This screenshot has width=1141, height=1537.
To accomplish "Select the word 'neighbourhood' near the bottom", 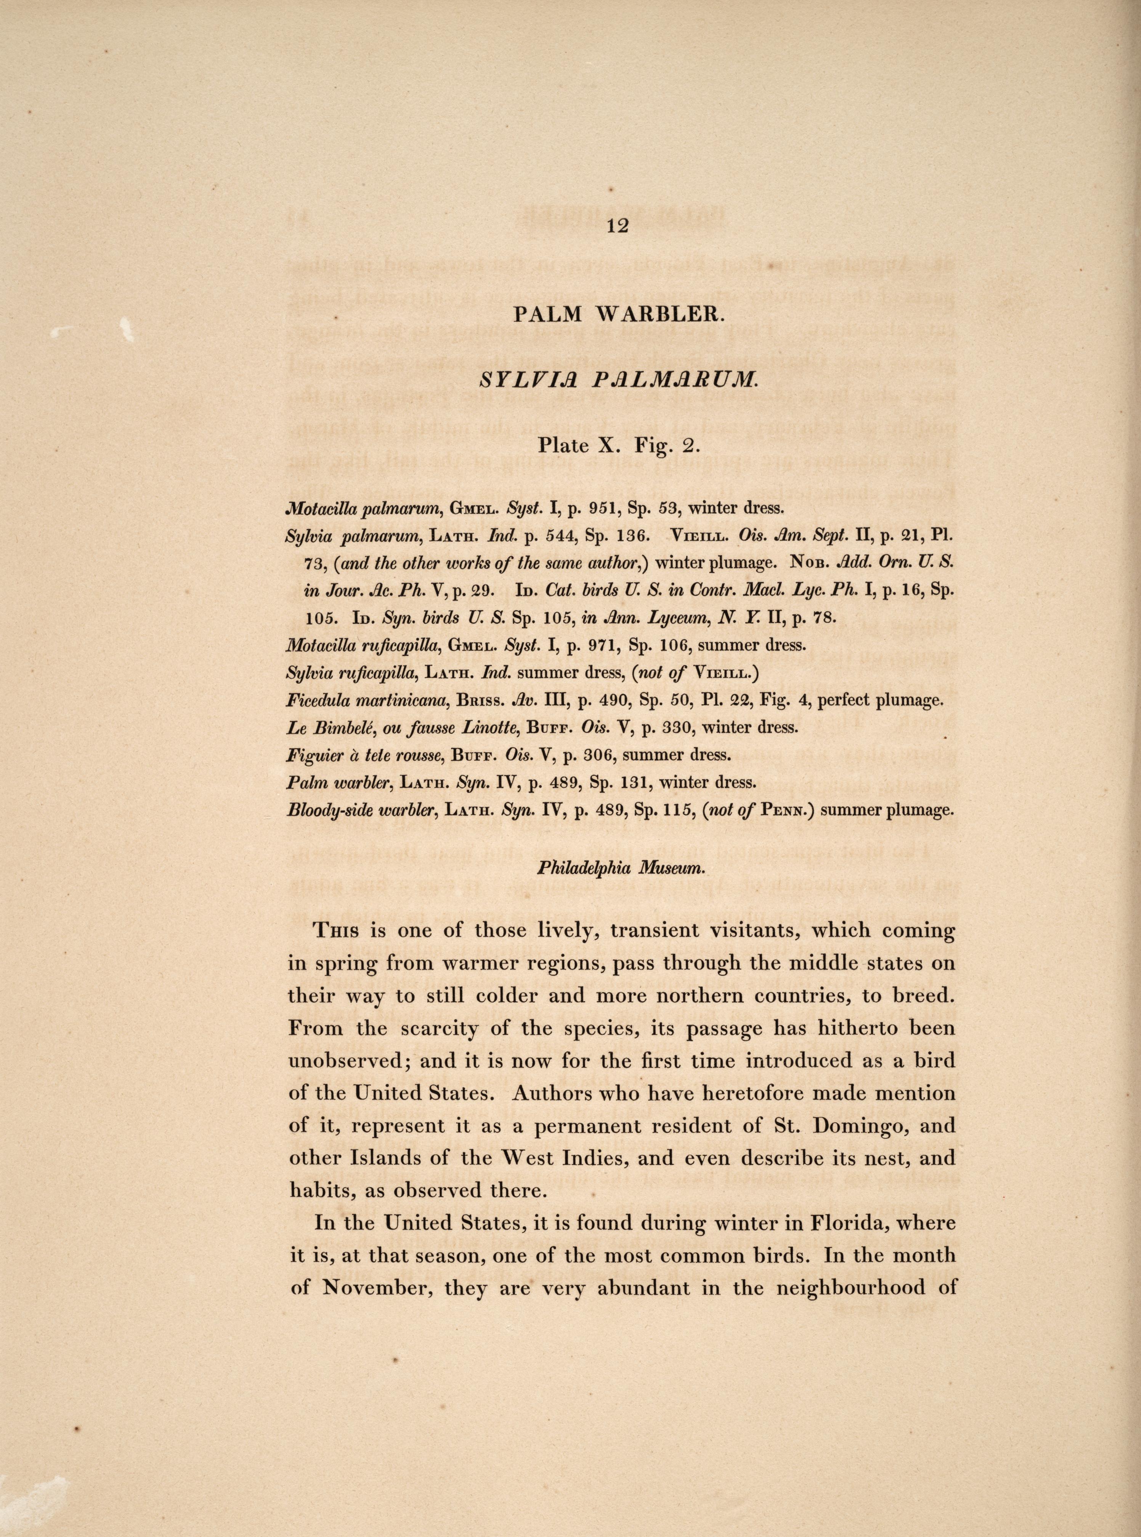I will (x=883, y=1289).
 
